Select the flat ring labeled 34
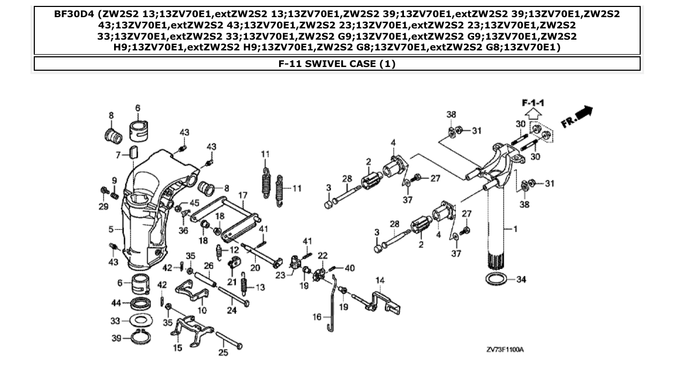coord(498,279)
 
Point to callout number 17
coord(242,196)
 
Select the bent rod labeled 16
coord(332,300)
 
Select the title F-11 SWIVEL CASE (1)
coord(337,64)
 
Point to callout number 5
coord(111,229)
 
